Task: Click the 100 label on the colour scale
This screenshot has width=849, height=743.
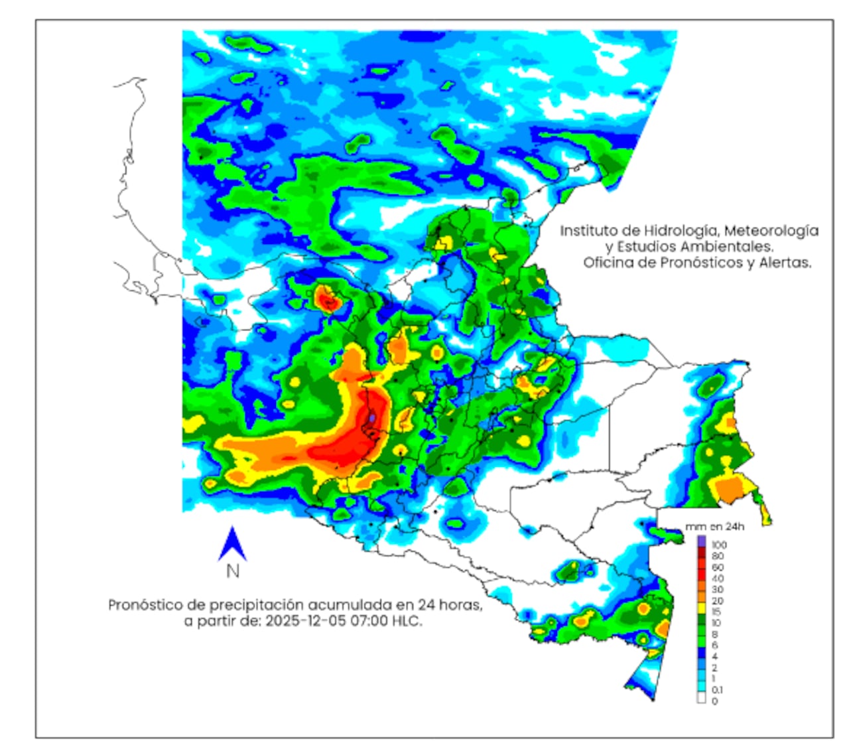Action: pos(719,545)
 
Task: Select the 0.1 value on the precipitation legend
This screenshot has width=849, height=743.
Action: pos(718,690)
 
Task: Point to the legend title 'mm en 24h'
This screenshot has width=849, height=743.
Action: pos(714,527)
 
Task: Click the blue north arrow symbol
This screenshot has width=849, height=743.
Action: pos(232,544)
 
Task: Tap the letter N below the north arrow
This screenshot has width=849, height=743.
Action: pos(233,571)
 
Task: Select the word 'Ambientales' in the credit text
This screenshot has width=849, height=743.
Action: pos(734,247)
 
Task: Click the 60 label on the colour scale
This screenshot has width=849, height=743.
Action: pos(718,567)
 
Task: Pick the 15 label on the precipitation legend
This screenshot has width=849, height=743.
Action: pos(716,612)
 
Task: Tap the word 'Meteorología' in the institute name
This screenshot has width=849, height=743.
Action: pos(771,231)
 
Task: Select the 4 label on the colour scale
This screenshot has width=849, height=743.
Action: pos(715,656)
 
